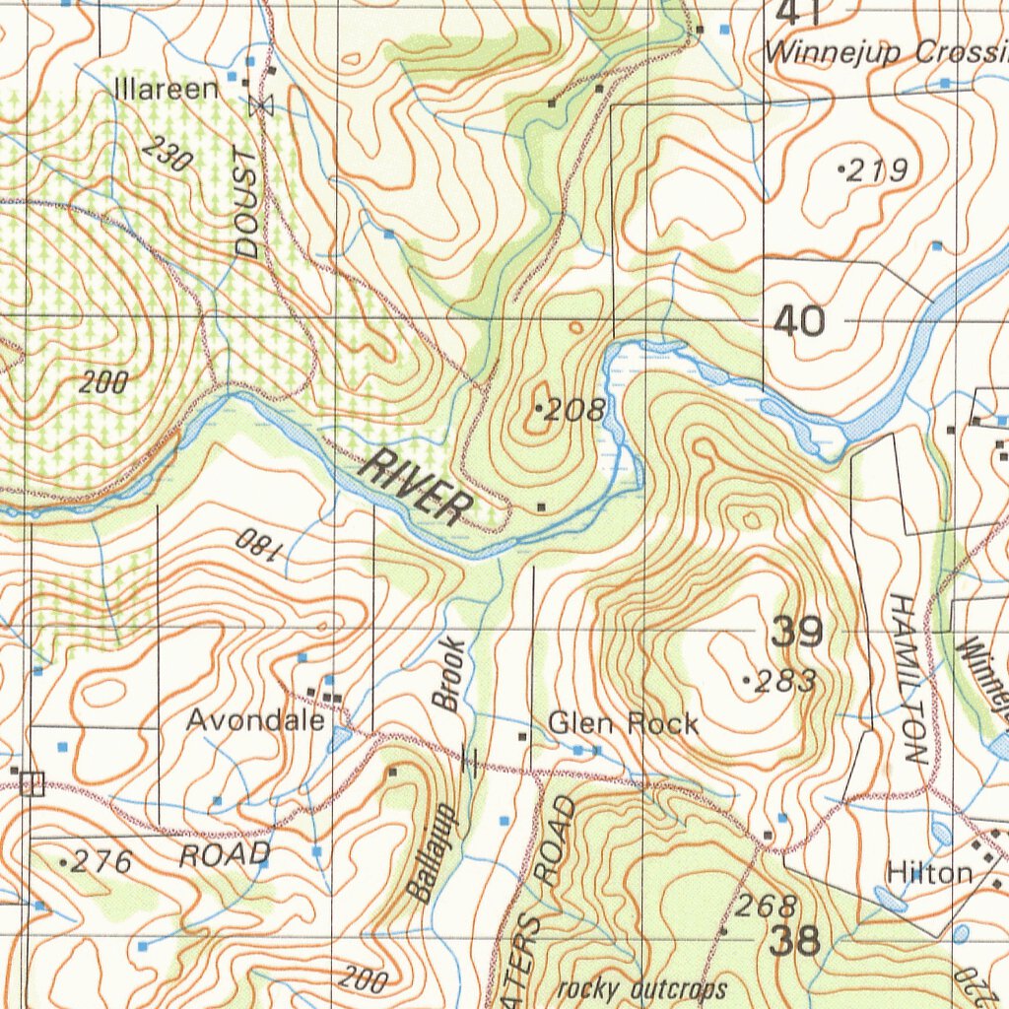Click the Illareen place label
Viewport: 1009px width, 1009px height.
[167, 89]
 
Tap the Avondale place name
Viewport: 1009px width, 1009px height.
[255, 721]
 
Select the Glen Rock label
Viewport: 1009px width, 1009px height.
[623, 724]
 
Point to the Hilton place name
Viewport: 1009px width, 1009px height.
[929, 872]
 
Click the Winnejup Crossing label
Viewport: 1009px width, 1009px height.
[887, 53]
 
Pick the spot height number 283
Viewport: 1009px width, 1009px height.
[784, 681]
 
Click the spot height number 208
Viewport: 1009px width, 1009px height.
[574, 410]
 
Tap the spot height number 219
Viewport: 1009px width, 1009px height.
[877, 171]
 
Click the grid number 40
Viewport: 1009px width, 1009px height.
[798, 321]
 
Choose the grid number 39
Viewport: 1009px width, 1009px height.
[796, 632]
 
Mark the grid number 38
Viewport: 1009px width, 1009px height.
[794, 941]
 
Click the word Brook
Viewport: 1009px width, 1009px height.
[448, 674]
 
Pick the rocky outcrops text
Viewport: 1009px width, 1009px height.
[641, 988]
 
